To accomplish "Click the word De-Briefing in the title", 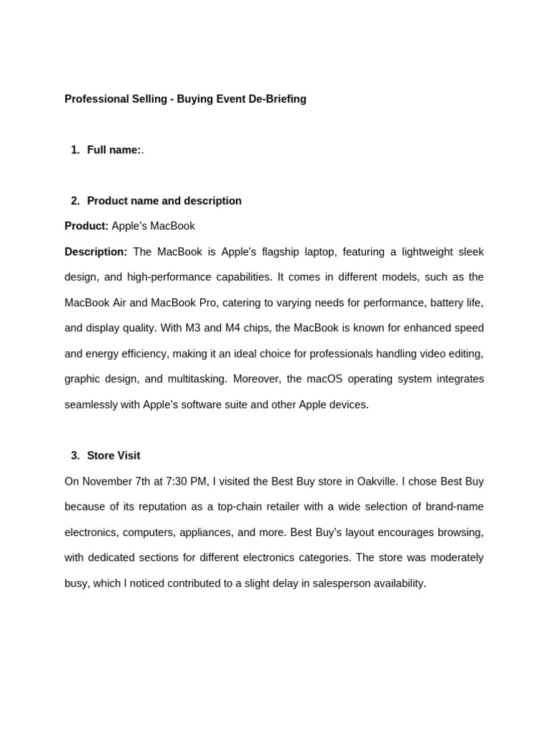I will [x=277, y=99].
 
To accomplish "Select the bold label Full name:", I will [x=114, y=150].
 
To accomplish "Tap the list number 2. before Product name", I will [x=76, y=201].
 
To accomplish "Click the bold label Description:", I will [x=96, y=252].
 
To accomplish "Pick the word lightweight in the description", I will [x=395, y=252].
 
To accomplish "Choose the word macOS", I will [x=314, y=379].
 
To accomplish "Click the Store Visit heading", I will [x=114, y=455].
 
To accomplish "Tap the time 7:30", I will [x=178, y=482].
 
